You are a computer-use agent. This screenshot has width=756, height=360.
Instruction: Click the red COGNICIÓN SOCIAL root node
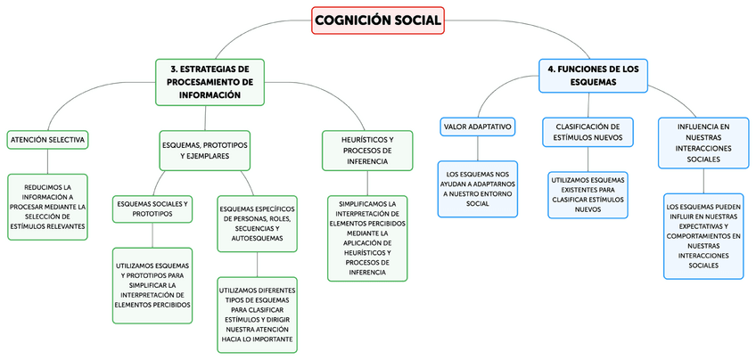(x=378, y=20)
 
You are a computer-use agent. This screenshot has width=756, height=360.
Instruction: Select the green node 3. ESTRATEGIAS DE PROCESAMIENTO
(x=210, y=81)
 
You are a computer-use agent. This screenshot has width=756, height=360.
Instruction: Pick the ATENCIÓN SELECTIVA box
(x=47, y=140)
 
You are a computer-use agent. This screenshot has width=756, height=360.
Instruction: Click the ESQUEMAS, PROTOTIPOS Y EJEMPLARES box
(x=205, y=150)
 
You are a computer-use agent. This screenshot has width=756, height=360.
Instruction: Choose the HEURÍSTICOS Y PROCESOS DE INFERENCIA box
(x=367, y=151)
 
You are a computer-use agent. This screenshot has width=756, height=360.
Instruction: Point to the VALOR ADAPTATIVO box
(x=478, y=127)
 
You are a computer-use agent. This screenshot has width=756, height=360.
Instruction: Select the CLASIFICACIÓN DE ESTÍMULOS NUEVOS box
(x=588, y=132)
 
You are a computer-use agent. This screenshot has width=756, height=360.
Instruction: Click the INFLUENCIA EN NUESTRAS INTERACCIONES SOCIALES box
(x=703, y=143)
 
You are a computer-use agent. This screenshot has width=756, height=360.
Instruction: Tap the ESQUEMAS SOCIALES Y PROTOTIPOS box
(x=152, y=209)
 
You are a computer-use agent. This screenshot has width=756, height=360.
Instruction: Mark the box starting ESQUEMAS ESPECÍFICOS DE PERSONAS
(x=257, y=221)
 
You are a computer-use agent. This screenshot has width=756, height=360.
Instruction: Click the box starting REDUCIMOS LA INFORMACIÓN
(x=49, y=207)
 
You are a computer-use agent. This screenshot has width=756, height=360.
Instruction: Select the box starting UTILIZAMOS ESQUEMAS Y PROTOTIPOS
(x=152, y=284)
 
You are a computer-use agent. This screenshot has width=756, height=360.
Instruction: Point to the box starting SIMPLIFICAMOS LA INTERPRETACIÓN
(x=367, y=238)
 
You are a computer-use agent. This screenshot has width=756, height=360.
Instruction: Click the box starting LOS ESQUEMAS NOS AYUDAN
(x=478, y=188)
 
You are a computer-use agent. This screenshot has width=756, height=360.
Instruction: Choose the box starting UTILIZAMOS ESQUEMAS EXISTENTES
(x=588, y=194)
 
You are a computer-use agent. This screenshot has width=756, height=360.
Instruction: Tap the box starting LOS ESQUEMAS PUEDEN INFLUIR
(x=703, y=235)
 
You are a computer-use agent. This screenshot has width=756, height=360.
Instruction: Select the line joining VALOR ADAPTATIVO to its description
(x=478, y=149)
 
